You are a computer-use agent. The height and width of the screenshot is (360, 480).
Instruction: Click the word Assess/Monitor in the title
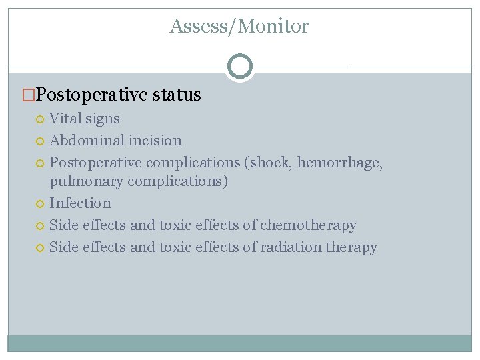239,27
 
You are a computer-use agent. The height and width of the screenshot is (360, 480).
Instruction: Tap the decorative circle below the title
239,67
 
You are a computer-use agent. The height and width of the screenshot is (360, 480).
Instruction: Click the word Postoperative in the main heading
92,95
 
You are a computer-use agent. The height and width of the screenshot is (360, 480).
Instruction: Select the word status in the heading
177,95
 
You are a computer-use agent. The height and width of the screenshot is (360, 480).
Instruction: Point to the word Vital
65,119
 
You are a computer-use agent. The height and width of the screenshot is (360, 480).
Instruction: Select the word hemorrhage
340,163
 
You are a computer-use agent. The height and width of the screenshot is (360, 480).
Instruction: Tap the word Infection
80,203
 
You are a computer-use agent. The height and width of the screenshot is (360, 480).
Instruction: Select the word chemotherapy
308,225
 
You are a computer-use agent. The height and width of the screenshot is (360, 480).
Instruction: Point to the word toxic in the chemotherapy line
175,225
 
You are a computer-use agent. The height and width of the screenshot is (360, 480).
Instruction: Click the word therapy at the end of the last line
351,247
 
